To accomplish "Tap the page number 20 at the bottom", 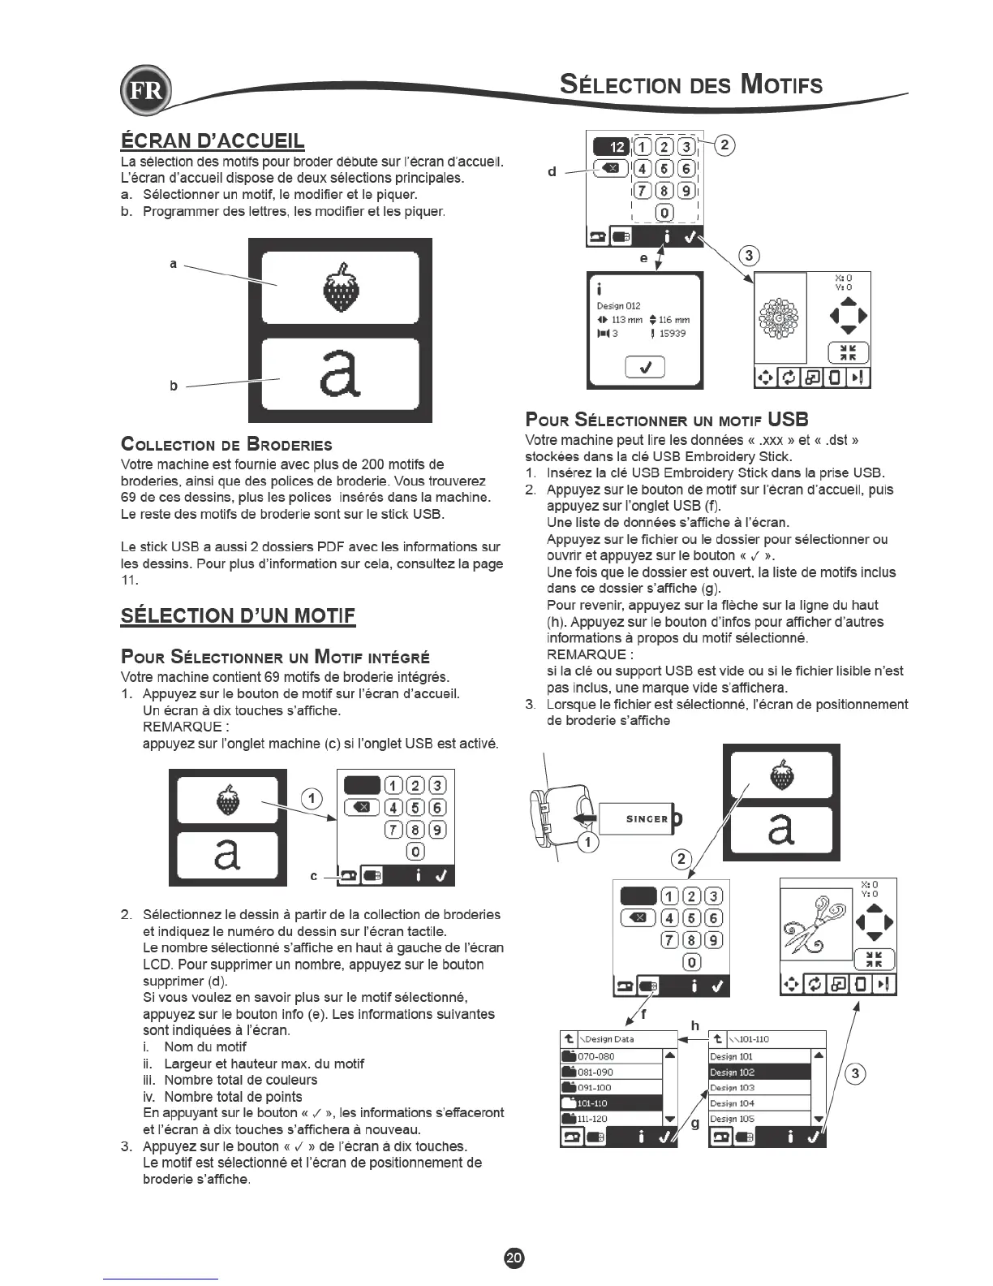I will (514, 1258).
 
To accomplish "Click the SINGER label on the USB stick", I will (647, 818).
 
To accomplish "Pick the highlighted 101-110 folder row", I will (611, 1103).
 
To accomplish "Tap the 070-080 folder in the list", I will (611, 1057).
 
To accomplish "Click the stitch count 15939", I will (673, 334).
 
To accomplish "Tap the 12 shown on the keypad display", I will (617, 147).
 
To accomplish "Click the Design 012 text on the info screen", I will (619, 306).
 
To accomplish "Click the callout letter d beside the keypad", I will (552, 171).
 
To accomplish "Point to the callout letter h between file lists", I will (695, 1026).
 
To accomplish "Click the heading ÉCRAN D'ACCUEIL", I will (213, 140).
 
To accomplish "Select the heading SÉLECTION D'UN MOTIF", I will (238, 615).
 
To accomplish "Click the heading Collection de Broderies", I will (226, 445).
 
